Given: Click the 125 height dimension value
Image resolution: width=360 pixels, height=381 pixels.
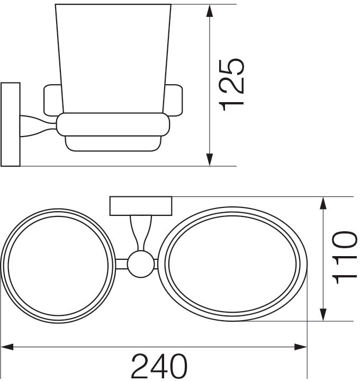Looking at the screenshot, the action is (x=231, y=85).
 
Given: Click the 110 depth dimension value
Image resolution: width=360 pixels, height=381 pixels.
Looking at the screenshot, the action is (x=345, y=258).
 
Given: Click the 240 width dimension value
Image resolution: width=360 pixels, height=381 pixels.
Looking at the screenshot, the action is (x=159, y=366).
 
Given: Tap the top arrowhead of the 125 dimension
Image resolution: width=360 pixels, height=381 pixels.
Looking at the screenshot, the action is (x=210, y=11).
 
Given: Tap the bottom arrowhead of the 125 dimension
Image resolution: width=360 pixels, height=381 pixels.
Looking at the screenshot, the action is (x=210, y=160).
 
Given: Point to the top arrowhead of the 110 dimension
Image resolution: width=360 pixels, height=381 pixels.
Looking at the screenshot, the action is (x=323, y=203).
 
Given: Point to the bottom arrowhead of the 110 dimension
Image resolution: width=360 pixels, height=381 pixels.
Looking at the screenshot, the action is (x=323, y=315).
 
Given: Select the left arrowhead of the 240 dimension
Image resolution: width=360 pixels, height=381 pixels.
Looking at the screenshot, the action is (x=7, y=347).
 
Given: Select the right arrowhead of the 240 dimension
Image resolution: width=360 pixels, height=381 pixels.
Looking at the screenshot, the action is (x=301, y=347).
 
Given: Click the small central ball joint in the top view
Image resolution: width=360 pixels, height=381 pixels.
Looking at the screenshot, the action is (x=141, y=264).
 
